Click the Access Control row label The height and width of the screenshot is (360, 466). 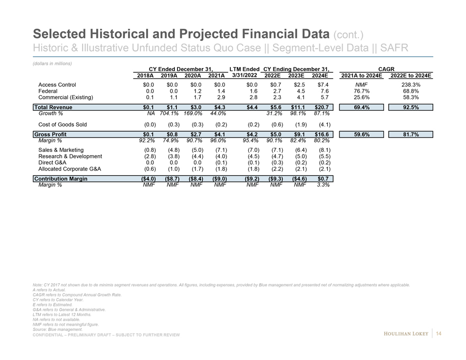[57, 85]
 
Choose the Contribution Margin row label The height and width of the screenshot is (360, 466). [60, 179]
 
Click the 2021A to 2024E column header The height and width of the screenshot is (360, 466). [361, 76]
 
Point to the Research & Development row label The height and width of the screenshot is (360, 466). [70, 156]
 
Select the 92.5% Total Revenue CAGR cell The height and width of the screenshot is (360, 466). [411, 107]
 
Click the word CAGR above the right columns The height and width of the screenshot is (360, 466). [386, 69]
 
